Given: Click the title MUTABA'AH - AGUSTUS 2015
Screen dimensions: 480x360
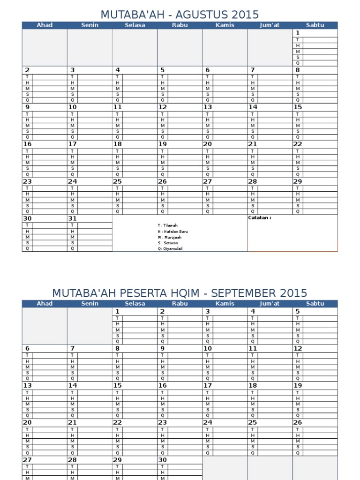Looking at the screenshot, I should click(180, 15).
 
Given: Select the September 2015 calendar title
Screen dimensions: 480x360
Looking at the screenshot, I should click(180, 293).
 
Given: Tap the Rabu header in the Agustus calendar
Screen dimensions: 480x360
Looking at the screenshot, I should click(180, 25).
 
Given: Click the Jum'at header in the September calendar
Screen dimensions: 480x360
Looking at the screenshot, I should click(270, 304).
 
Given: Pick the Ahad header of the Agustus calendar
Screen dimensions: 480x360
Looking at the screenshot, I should click(45, 25).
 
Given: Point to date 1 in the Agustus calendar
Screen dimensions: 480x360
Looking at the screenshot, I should click(297, 33).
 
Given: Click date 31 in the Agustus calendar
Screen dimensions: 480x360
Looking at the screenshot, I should click(72, 218).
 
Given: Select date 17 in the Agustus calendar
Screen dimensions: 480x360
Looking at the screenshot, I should click(72, 144).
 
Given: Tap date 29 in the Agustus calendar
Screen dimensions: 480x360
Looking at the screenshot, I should click(298, 181).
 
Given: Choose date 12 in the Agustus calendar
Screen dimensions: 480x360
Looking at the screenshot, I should click(163, 107).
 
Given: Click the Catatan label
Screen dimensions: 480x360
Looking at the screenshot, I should click(259, 218).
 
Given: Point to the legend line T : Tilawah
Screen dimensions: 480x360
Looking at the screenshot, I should click(167, 225).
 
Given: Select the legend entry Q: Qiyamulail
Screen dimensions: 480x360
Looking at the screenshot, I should click(170, 249).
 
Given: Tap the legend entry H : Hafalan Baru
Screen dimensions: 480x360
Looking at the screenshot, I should click(172, 232).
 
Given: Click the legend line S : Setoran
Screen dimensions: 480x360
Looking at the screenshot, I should click(167, 243).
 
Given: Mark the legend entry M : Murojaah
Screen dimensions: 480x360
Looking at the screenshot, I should click(169, 237).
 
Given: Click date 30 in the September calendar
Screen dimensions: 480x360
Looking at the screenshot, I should click(163, 460).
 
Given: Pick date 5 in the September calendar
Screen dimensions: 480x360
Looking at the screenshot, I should click(297, 312).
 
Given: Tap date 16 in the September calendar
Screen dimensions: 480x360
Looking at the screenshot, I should click(163, 386).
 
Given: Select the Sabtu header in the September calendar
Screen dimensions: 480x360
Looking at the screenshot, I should click(315, 304).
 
